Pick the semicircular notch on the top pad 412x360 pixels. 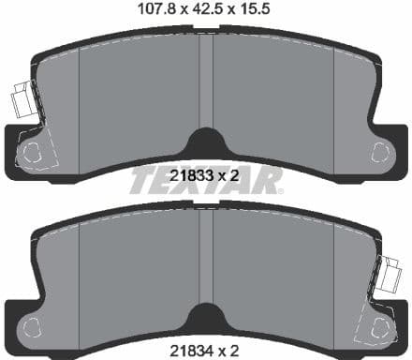point(206,143)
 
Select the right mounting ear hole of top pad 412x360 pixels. point(380,150)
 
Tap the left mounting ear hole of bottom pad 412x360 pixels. point(32,327)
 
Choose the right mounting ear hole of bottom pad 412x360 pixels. point(380,327)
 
